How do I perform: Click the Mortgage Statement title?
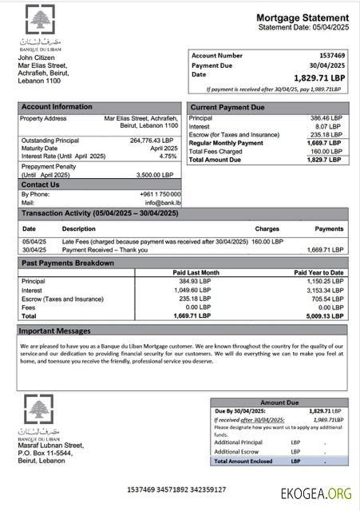[302, 18]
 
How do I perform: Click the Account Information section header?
[57, 106]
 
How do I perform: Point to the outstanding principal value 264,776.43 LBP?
[152, 141]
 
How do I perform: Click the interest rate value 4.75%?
[165, 156]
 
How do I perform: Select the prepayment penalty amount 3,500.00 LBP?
[156, 174]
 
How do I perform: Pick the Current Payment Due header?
[226, 106]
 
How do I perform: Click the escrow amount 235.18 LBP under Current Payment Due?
[329, 134]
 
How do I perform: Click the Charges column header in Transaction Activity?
[267, 228]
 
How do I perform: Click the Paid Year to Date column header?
[318, 272]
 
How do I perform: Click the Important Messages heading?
[55, 330]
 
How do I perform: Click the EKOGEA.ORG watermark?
[316, 493]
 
